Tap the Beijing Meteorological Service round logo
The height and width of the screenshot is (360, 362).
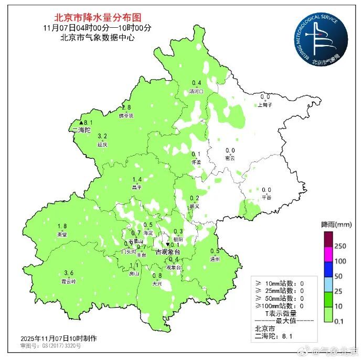(x=320, y=41)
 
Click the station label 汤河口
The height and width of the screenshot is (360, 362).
(x=196, y=91)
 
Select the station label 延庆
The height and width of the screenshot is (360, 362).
(x=102, y=144)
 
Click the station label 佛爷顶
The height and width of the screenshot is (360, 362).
(x=126, y=115)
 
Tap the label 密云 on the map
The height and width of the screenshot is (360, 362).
(x=230, y=158)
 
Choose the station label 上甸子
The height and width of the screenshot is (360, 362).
(x=265, y=105)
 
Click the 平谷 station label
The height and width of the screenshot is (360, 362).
(x=267, y=198)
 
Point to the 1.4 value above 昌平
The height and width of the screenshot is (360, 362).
(x=137, y=179)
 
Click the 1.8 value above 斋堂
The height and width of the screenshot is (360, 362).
(x=62, y=226)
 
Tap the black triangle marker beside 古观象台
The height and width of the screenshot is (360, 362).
(x=167, y=245)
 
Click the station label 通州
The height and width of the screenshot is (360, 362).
(x=215, y=258)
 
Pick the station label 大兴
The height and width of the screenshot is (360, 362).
(x=156, y=283)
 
